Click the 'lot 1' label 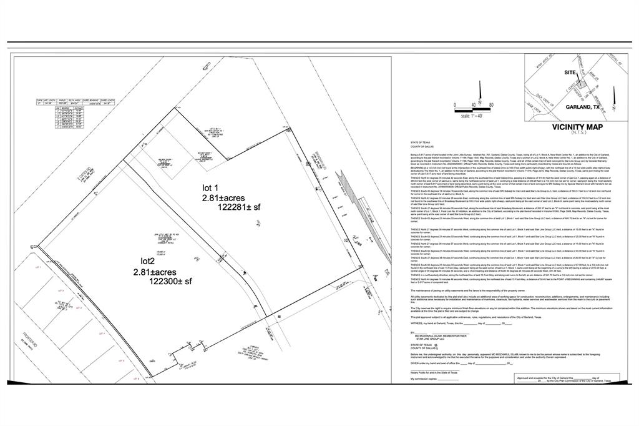[x=210, y=187]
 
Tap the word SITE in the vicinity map [x=570, y=73]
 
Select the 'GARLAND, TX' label [x=582, y=107]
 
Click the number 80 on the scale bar [x=492, y=105]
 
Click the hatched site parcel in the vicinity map [x=582, y=82]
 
